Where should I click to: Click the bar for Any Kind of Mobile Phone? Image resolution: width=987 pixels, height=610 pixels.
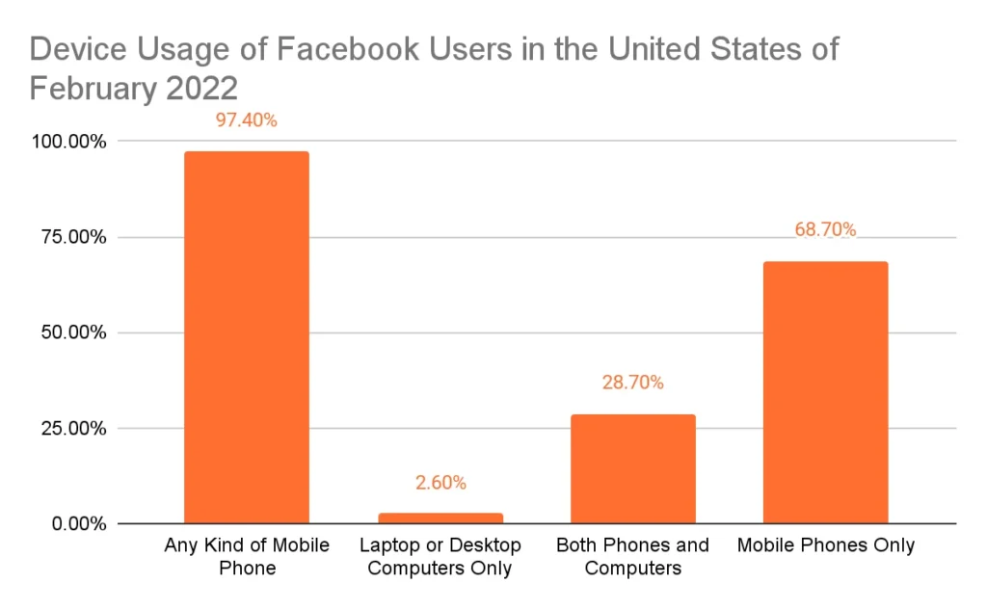[247, 337]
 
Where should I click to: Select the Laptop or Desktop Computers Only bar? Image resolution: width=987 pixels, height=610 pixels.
[440, 518]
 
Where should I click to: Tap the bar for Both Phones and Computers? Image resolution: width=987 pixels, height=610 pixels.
[632, 468]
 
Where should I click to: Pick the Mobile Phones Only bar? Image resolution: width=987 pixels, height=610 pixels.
[825, 392]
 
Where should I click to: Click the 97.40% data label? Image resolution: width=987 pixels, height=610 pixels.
[247, 120]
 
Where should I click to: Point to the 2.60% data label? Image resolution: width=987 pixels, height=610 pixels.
[440, 482]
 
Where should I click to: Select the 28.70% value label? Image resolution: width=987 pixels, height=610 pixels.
[632, 383]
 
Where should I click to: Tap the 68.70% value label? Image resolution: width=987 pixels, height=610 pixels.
[825, 229]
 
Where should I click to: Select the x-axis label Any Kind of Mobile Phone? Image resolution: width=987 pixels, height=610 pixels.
[247, 556]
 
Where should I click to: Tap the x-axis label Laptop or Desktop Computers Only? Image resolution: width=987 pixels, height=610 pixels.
[440, 556]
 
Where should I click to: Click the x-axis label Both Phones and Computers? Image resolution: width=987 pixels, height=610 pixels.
[632, 556]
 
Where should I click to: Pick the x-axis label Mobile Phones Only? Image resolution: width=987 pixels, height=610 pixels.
[825, 545]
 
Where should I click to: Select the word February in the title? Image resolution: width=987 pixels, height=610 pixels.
[84, 89]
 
